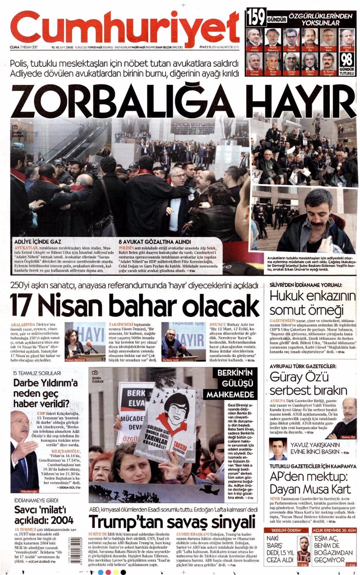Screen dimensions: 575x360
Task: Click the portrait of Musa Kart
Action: coord(273,63)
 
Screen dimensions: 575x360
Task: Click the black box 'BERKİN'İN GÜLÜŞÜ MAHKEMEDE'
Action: coord(229,383)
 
